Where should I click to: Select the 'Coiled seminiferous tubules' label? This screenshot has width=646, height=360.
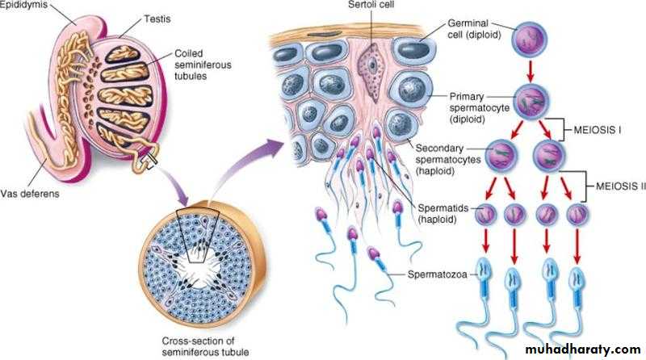coord(197,64)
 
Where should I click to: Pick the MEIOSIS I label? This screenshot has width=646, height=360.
coord(610,128)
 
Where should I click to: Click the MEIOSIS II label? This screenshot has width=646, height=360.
coord(616,186)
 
